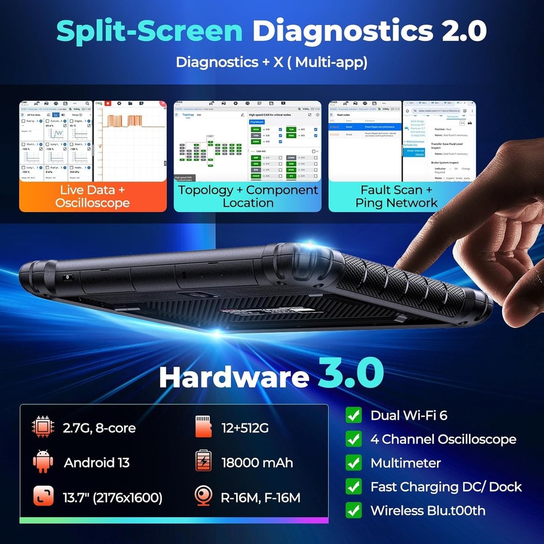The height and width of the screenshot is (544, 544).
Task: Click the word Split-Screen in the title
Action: point(150,32)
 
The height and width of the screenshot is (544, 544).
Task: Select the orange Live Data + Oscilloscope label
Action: point(92,196)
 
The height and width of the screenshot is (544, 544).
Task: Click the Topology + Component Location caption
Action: point(248,196)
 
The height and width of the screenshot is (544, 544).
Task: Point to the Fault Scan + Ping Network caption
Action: point(396,196)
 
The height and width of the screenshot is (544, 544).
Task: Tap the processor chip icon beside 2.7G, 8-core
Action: point(43,428)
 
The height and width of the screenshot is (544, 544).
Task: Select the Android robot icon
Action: point(43,462)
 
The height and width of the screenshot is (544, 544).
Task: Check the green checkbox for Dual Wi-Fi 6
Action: point(354,416)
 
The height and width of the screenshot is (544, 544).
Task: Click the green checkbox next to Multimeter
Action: point(354,463)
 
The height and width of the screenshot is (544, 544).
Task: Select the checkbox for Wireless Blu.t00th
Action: point(354,510)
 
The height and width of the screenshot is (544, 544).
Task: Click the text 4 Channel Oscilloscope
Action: point(443,439)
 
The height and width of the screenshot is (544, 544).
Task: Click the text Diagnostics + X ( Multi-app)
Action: point(271,62)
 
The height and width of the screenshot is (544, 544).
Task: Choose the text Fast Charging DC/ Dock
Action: point(446,487)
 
